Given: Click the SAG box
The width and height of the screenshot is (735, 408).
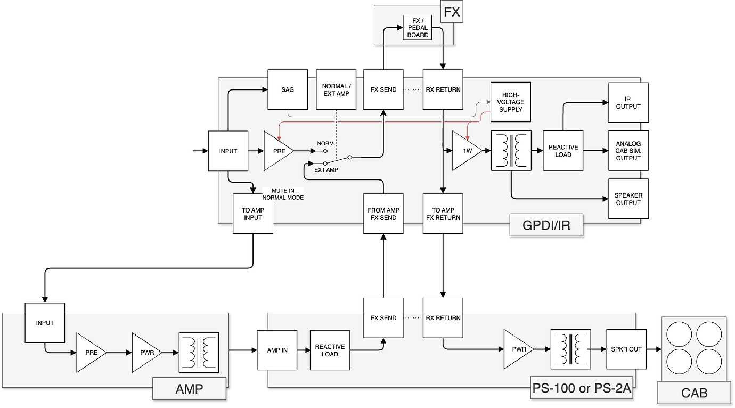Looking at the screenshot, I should click(x=288, y=89).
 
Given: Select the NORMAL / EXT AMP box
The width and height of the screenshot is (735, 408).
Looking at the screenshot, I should click(x=336, y=89).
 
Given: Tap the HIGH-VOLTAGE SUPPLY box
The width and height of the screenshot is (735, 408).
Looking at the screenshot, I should click(x=511, y=102).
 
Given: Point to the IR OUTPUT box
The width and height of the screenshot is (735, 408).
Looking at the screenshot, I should click(x=628, y=102).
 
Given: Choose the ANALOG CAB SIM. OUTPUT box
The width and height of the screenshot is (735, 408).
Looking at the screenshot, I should click(x=628, y=151).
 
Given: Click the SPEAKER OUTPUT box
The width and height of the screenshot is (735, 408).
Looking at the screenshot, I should click(x=628, y=199).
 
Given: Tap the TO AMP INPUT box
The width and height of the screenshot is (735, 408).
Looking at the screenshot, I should click(x=253, y=214).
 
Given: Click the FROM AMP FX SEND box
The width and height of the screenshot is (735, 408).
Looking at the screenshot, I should click(x=383, y=214).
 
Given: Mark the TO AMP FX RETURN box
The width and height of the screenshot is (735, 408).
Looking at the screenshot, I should click(x=443, y=214).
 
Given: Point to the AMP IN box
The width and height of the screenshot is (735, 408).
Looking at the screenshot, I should click(x=277, y=350).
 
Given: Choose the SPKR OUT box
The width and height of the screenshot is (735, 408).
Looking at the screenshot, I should click(x=626, y=349).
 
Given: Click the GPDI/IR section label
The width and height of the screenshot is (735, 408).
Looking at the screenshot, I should click(x=546, y=225).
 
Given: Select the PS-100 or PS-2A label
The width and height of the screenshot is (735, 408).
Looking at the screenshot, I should click(x=582, y=388).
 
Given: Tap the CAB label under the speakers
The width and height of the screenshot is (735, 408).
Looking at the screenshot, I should click(x=694, y=394).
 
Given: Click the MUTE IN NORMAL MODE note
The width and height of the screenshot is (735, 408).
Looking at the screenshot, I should click(x=282, y=194).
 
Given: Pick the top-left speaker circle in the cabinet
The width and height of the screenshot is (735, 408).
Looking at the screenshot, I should click(x=679, y=334).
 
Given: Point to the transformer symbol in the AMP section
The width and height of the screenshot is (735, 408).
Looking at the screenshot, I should click(x=199, y=352).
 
